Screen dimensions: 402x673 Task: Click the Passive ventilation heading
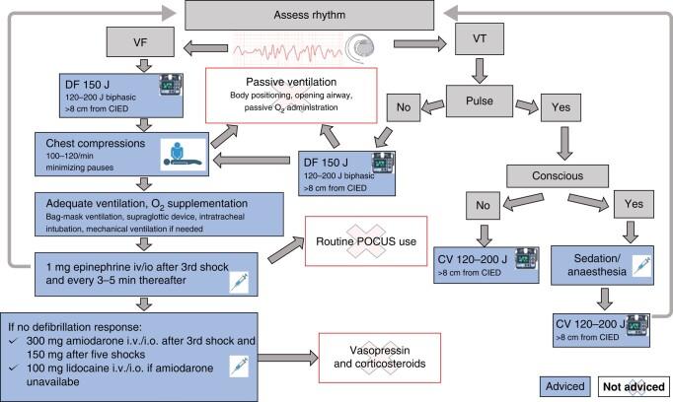pos(292,82)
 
